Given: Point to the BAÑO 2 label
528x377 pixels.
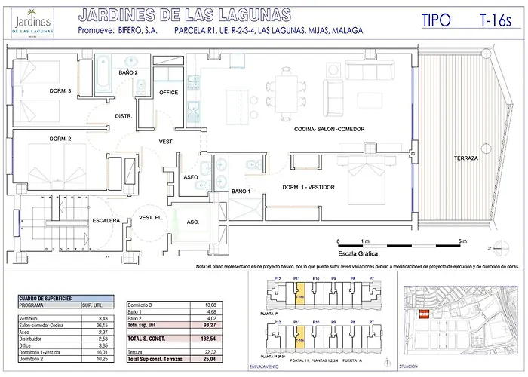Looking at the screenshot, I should pos(128,72).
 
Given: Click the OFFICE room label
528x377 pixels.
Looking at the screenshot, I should pos(168,93).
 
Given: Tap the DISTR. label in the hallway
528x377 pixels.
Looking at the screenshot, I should pos(124,115).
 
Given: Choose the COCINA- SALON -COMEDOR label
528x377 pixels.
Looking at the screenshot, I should pos(329,130).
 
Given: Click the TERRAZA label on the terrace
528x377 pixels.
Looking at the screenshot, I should pos(465,158).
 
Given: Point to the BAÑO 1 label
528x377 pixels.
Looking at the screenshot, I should pos(240,191).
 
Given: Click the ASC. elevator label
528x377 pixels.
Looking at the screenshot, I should pos(193,222).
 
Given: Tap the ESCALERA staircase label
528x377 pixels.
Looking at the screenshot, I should pos(106,220).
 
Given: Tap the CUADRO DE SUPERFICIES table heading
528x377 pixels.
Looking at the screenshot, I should pos(45,299).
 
